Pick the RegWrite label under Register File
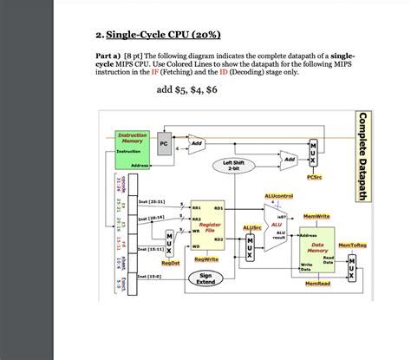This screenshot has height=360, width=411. (205, 259)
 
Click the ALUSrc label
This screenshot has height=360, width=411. (251, 227)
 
